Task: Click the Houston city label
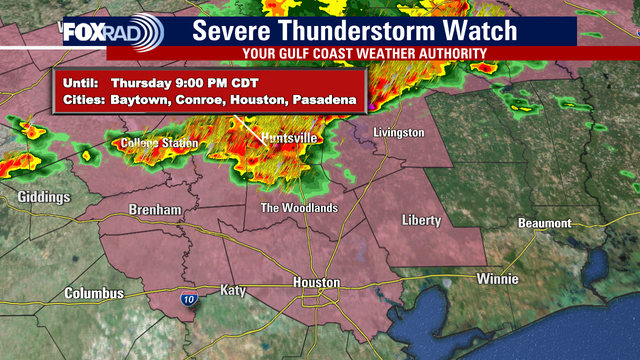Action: click(x=316, y=283)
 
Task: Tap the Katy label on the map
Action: click(x=232, y=290)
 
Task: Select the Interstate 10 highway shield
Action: click(x=190, y=297)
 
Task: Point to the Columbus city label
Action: click(x=94, y=294)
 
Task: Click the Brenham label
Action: click(x=155, y=210)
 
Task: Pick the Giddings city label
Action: click(x=43, y=197)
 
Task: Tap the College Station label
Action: click(x=159, y=144)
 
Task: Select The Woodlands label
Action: click(x=299, y=208)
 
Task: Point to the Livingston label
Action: click(x=399, y=133)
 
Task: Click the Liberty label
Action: click(x=421, y=219)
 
